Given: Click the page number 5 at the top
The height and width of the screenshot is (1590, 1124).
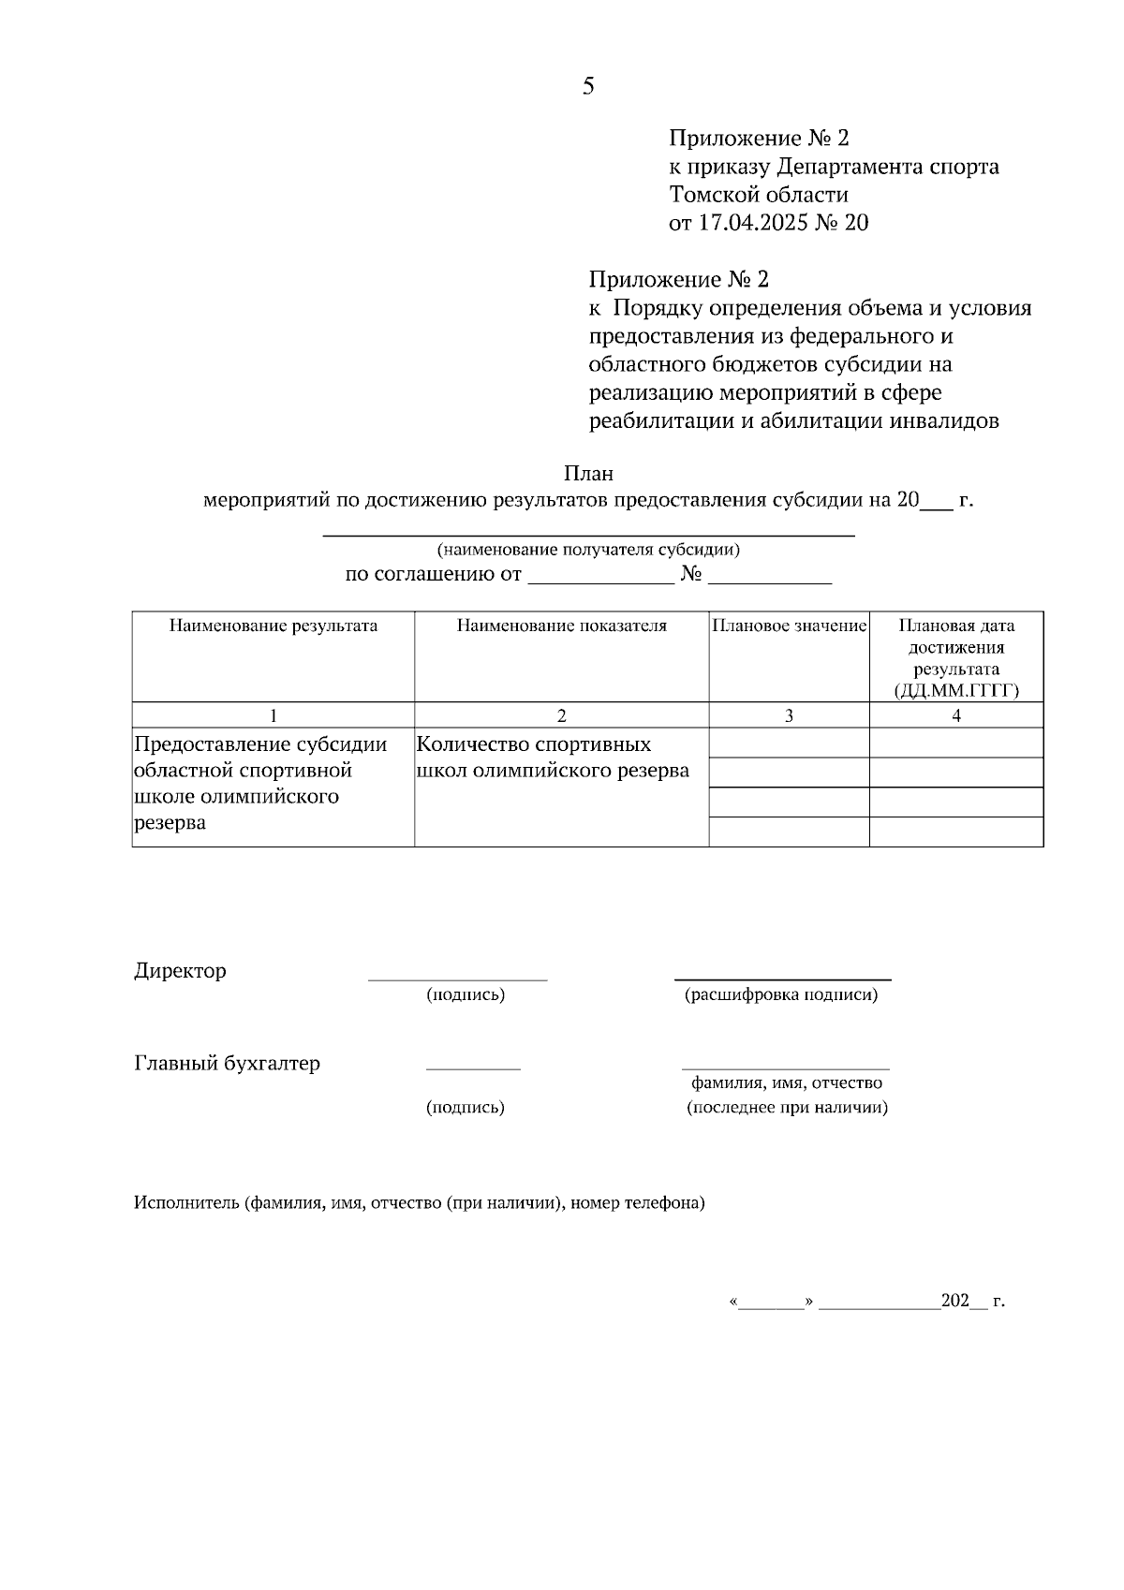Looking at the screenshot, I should (x=587, y=87).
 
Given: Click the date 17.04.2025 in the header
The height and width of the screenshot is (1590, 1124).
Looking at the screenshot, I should (x=747, y=223).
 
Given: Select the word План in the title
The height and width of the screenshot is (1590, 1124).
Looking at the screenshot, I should (x=588, y=474).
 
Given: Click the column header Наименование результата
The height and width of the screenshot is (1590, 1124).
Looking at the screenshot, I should (x=273, y=626).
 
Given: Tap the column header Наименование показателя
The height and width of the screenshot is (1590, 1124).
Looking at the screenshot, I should (x=561, y=626).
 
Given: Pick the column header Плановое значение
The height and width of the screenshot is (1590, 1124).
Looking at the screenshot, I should (x=789, y=626).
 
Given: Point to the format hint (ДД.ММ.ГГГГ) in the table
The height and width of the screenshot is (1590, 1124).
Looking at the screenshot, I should (x=956, y=691).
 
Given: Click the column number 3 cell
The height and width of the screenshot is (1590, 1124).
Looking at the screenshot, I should (x=789, y=715).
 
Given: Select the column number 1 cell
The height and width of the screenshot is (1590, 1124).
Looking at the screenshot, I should (x=273, y=715).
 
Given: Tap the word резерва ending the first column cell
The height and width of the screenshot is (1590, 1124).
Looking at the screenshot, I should (x=170, y=823).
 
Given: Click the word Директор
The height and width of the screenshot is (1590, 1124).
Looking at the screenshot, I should (x=180, y=970).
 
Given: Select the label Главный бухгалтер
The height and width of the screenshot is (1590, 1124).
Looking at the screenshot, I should (x=227, y=1063).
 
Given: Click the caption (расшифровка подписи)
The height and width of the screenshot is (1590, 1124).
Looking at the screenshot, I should (x=781, y=994).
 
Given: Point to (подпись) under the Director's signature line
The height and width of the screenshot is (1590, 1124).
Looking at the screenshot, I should (x=466, y=994).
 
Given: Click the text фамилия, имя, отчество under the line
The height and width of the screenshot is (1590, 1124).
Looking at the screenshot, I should (x=787, y=1082).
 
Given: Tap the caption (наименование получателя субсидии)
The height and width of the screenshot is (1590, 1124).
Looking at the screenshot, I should (x=588, y=550).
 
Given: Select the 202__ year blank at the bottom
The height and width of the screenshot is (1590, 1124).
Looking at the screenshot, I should (x=964, y=1301).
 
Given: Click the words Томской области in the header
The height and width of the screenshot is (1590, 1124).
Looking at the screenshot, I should (x=759, y=195).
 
